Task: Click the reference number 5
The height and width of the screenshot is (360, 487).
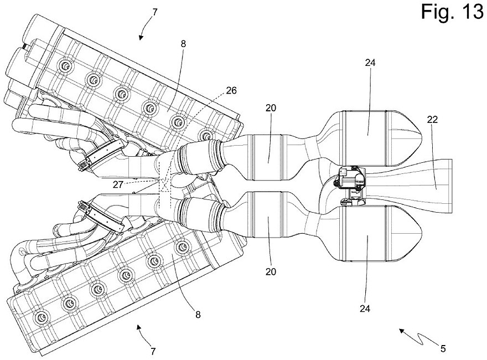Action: tap(443, 348)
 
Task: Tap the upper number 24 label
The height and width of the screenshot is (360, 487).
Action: tap(370, 63)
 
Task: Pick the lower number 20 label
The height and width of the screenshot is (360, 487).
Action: tap(271, 272)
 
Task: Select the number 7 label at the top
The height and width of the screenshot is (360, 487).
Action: tap(155, 12)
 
